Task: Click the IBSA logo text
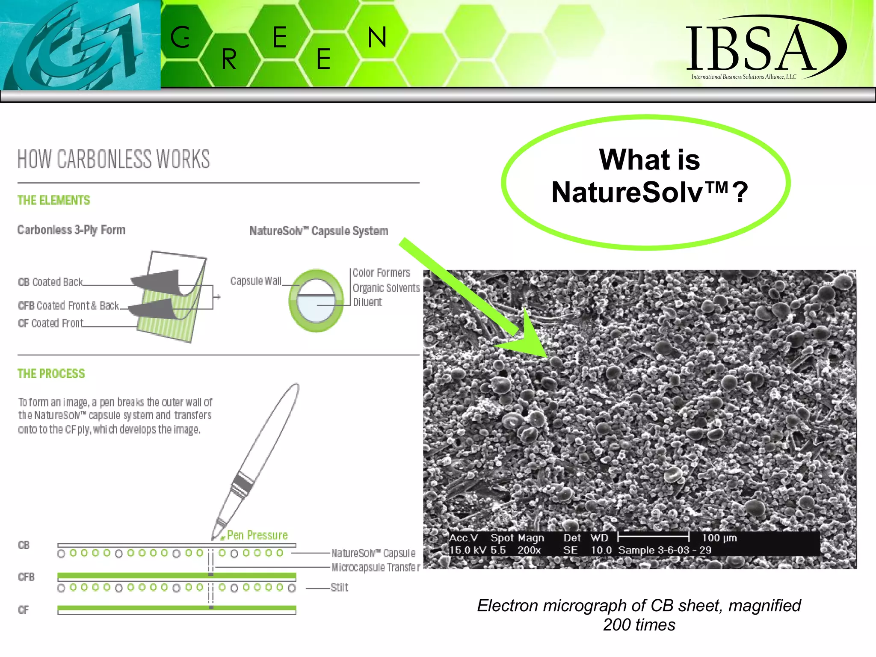[751, 48]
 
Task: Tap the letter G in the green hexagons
[180, 37]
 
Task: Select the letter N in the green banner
[377, 37]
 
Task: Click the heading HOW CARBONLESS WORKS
[114, 159]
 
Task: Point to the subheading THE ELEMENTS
[54, 200]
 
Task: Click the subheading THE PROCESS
[51, 373]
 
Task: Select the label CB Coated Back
[50, 282]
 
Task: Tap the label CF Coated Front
[50, 323]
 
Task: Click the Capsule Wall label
[255, 281]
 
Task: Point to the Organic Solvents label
[386, 288]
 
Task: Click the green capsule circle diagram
[316, 301]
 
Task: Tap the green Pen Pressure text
[257, 535]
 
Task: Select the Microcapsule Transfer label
[376, 567]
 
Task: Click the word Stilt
[339, 587]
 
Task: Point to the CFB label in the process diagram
[26, 577]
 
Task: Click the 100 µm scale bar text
[719, 538]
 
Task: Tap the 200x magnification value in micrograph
[529, 550]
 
